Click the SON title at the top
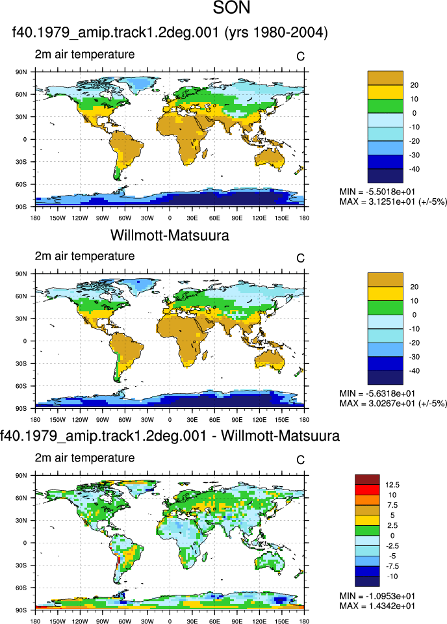pos(231,8)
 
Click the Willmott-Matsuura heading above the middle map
pos(170,235)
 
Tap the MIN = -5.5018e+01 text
pos(377,192)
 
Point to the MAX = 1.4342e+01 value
pos(377,606)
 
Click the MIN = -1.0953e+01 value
pos(377,596)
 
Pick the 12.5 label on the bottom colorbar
pos(392,485)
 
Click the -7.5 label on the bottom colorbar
pos(392,566)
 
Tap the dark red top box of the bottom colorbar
pos(367,480)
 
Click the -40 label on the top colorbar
pos(415,169)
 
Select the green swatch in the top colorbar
pos(385,106)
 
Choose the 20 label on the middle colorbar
pos(415,287)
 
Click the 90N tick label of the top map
pos(21,72)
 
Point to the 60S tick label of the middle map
pos(21,386)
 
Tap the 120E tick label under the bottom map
pos(259,621)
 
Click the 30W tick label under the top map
pos(147,218)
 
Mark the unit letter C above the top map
pos(300,57)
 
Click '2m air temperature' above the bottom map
pos(84,458)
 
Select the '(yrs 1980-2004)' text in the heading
pos(276,32)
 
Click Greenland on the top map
pos(139,84)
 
